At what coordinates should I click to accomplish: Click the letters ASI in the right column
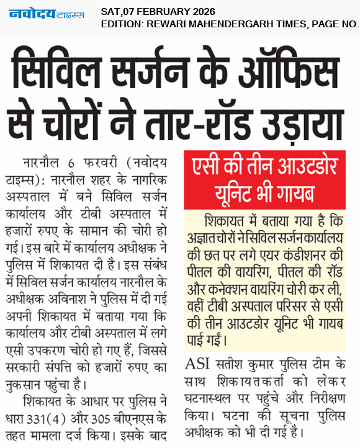tap(197, 364)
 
